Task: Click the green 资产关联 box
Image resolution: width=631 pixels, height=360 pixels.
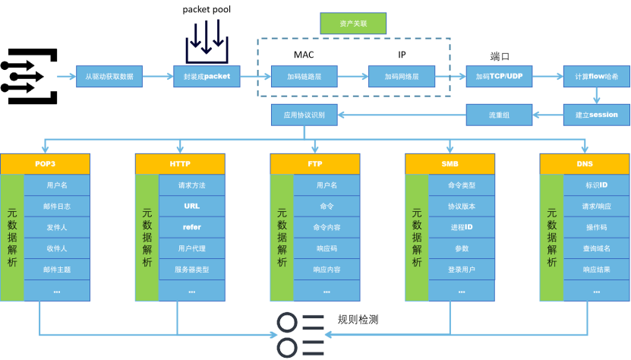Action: (x=353, y=24)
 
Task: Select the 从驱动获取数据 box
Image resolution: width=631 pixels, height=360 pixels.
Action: (x=109, y=76)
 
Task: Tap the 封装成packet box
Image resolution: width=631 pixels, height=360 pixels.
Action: (x=207, y=76)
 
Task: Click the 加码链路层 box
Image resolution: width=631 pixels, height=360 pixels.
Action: (x=304, y=76)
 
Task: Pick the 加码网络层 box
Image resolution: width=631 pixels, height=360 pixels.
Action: (x=402, y=76)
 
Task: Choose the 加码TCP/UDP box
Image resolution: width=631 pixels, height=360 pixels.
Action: (x=499, y=76)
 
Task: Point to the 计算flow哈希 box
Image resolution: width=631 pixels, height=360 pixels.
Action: (x=596, y=76)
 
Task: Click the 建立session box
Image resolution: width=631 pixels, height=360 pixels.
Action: (x=596, y=115)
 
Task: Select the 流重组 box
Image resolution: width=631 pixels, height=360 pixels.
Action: (x=499, y=115)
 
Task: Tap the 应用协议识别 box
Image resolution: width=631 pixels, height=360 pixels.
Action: (x=304, y=115)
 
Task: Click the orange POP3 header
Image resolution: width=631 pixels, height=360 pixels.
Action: (x=45, y=164)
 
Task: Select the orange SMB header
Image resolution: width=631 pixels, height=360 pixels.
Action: (x=450, y=164)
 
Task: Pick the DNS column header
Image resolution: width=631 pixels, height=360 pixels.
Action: (x=585, y=164)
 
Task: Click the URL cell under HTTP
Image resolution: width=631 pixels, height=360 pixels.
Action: (x=192, y=206)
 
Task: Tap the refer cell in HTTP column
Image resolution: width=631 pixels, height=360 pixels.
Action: (x=192, y=227)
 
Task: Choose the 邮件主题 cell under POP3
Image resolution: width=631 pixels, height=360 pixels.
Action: (x=57, y=270)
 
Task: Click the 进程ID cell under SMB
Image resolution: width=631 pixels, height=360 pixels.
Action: (x=462, y=227)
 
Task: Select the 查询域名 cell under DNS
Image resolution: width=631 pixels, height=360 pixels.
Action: (x=596, y=248)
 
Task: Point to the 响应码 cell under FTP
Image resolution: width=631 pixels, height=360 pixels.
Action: (x=327, y=248)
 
